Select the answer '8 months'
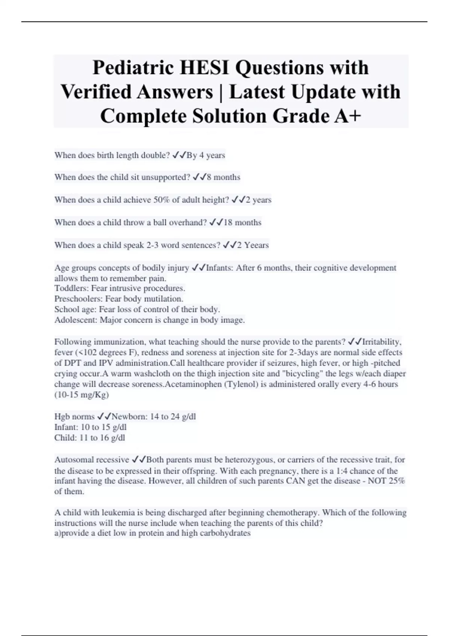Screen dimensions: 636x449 click(223, 177)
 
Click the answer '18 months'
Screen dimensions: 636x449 click(242, 222)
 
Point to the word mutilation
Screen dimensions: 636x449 click(164, 299)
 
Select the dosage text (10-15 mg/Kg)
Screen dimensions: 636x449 click(82, 395)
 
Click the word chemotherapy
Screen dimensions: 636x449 click(291, 513)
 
